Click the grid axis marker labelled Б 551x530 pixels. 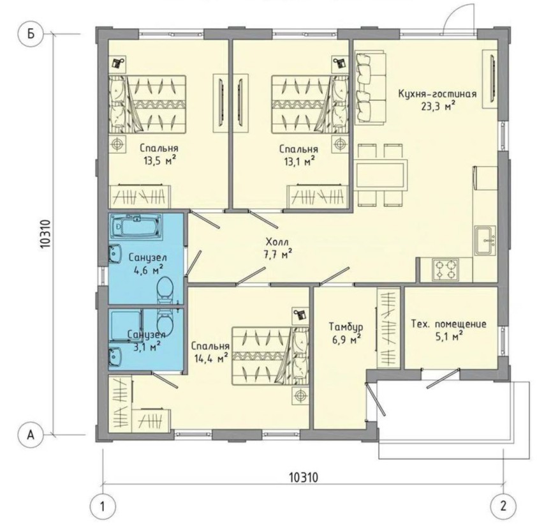pyautogui.click(x=31, y=34)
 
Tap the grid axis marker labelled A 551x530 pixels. pyautogui.click(x=31, y=435)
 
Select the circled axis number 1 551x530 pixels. pyautogui.click(x=103, y=507)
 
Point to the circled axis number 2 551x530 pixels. pyautogui.click(x=503, y=506)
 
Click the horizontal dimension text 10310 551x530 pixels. pyautogui.click(x=304, y=478)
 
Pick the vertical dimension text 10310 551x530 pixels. pyautogui.click(x=46, y=234)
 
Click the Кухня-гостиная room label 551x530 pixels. pyautogui.click(x=437, y=94)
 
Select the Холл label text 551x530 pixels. pyautogui.click(x=277, y=242)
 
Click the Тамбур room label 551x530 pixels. pyautogui.click(x=346, y=327)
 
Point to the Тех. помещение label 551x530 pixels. pyautogui.click(x=449, y=324)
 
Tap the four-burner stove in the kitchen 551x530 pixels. pyautogui.click(x=445, y=269)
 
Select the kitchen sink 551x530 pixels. pyautogui.click(x=485, y=240)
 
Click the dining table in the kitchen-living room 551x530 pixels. pyautogui.click(x=381, y=175)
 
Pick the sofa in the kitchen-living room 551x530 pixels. pyautogui.click(x=371, y=87)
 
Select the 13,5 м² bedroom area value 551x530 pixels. pyautogui.click(x=159, y=161)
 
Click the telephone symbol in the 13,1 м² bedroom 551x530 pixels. pyautogui.click(x=339, y=63)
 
